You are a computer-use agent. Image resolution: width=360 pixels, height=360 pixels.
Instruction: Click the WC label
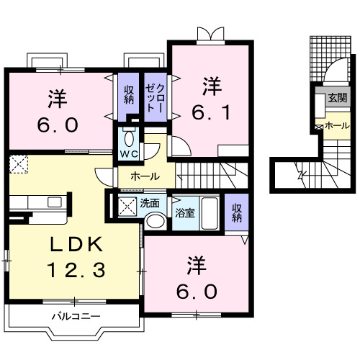click(x=128, y=154)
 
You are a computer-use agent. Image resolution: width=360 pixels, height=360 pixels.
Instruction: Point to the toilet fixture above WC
click(x=129, y=137)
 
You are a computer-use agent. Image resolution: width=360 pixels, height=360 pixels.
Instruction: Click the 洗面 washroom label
click(x=150, y=203)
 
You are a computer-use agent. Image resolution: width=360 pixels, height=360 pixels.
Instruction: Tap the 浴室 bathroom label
click(x=184, y=212)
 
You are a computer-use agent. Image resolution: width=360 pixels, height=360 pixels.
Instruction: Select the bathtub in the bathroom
click(x=208, y=212)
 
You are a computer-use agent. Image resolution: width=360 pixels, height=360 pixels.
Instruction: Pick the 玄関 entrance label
click(x=336, y=98)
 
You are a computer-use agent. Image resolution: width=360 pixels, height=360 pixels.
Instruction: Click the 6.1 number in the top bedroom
click(x=210, y=112)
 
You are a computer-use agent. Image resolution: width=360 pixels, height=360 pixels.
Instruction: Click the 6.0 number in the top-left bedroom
click(x=58, y=122)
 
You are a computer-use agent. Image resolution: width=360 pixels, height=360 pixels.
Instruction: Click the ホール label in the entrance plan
click(x=336, y=125)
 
